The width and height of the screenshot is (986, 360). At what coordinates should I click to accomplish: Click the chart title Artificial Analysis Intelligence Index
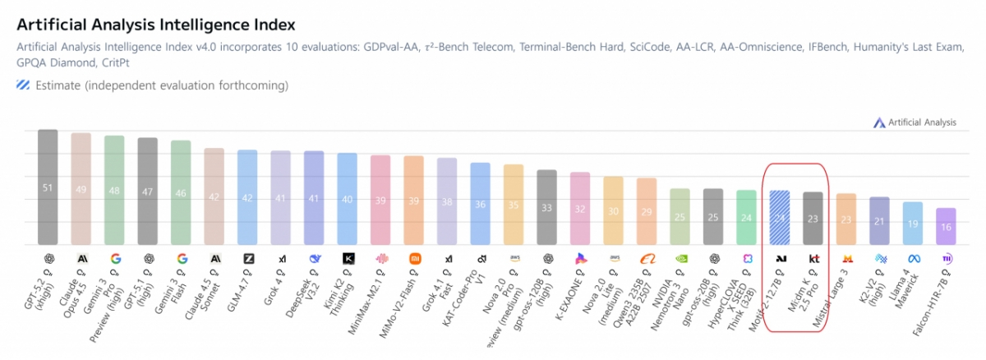coord(155,25)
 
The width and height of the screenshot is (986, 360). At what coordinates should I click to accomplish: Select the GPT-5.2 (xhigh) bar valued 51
coord(48,187)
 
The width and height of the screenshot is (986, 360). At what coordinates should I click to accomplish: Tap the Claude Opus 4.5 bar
coord(81,189)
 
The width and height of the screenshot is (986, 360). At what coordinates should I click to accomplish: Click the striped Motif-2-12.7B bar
coord(779,218)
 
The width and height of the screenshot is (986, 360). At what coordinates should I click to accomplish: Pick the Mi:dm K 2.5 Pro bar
coord(813,219)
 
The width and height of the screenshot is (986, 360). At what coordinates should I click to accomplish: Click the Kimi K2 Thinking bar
coord(348,199)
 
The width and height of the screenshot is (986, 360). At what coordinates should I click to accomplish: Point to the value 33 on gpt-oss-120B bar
coord(546,208)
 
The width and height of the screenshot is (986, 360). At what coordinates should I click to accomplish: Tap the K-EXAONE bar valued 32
coord(580,209)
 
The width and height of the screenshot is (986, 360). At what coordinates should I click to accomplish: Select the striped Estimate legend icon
coord(23,85)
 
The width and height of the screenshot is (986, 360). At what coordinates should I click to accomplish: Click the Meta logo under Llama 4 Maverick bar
coord(913,258)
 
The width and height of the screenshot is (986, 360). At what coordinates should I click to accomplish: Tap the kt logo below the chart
coord(813,258)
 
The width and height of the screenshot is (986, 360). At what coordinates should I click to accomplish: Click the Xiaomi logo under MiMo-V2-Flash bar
coord(414,258)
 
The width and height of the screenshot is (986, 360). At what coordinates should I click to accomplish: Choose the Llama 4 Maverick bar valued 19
coord(913,224)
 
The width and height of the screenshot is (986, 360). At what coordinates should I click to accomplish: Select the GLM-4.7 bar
coord(247,197)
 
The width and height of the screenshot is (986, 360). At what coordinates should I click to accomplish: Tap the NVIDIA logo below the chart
coord(680,258)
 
